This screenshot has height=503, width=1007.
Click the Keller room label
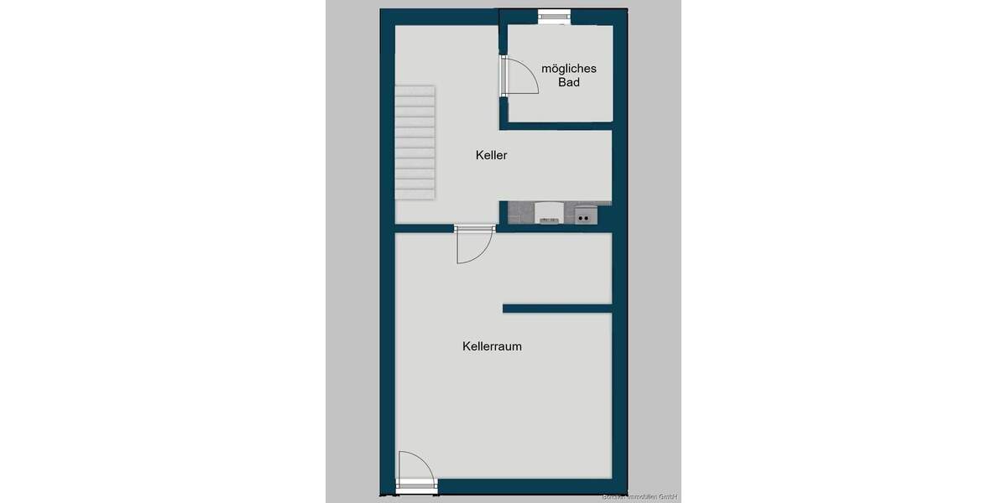pyautogui.click(x=491, y=155)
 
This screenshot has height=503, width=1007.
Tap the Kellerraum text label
pyautogui.click(x=492, y=345)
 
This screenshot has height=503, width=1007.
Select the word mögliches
pyautogui.click(x=569, y=69)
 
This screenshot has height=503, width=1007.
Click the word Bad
pyautogui.click(x=569, y=82)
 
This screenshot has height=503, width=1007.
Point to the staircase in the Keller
pyautogui.click(x=415, y=142)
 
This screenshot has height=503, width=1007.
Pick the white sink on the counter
pyautogui.click(x=550, y=213)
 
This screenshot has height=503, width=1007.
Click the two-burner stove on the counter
pyautogui.click(x=587, y=216)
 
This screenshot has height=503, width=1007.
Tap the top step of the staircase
pyautogui.click(x=415, y=90)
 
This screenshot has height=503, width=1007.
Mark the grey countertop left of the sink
pyautogui.click(x=520, y=214)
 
